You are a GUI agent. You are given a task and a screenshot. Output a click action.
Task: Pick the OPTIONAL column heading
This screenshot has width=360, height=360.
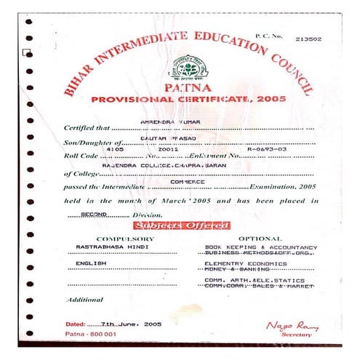259,239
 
